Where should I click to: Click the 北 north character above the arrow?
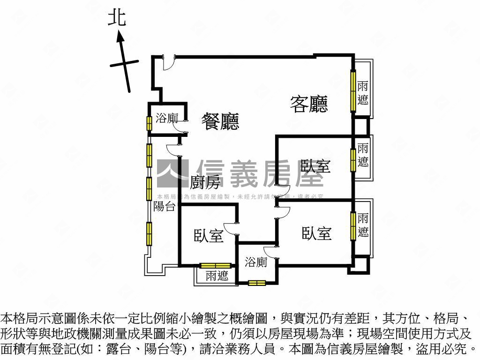tap(116, 18)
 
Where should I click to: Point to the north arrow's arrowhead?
tap(120, 36)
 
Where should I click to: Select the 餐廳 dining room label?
tap(220, 121)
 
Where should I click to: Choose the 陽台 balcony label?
tap(164, 206)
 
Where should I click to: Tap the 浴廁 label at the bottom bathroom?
tap(256, 262)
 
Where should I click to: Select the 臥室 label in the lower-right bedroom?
tap(316, 233)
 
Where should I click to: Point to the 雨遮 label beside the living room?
tap(363, 93)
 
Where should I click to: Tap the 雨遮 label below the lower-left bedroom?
tap(217, 276)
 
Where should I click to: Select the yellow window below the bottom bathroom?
tap(257, 283)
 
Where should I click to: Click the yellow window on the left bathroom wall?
tap(149, 123)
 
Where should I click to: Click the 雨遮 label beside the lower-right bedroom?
tap(363, 225)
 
